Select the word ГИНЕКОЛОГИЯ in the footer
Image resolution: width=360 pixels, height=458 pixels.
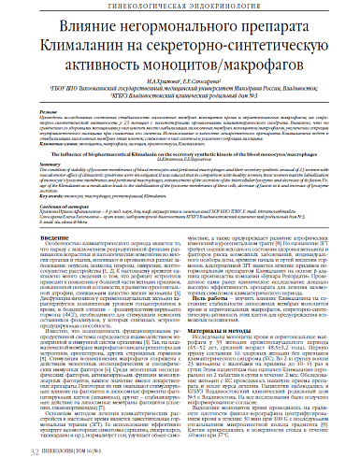[55, 450]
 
